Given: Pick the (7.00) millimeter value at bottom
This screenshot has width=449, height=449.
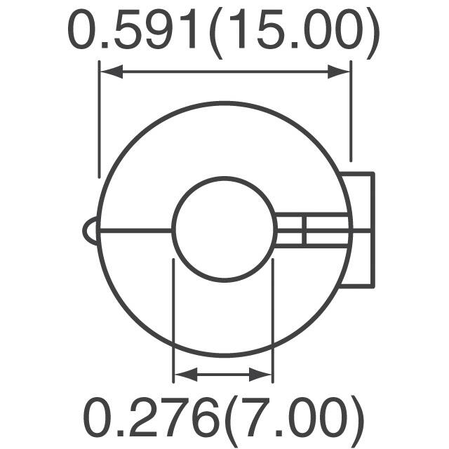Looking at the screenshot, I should (288, 419).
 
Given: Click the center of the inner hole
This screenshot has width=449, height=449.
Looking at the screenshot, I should (222, 229).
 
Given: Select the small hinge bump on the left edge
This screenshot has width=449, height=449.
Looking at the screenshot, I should (90, 231).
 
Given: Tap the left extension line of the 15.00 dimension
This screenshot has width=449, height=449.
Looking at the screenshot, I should (100, 119).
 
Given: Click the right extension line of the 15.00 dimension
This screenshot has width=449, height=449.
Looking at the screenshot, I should (350, 112).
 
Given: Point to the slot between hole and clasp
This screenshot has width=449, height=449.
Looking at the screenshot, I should (309, 230).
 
